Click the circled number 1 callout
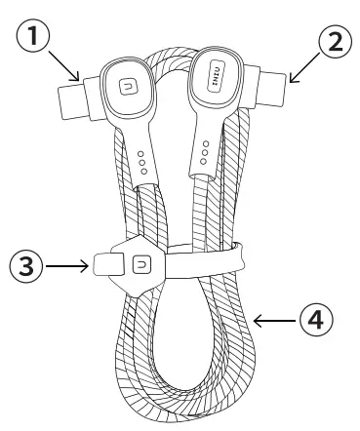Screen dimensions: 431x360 [34, 39]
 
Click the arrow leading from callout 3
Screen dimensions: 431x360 [67, 263]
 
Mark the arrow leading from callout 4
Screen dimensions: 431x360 [276, 318]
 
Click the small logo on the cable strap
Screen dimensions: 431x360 [142, 263]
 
